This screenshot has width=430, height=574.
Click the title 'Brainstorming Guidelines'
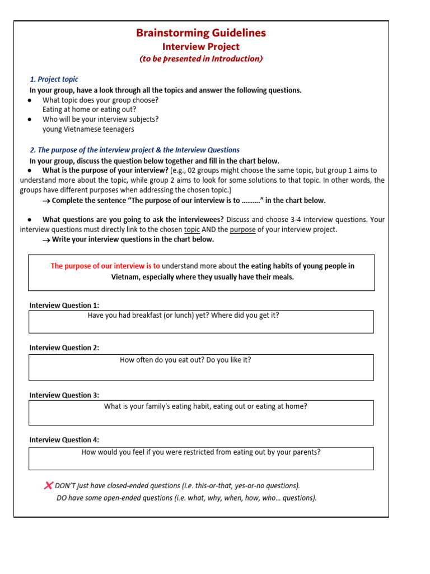pyautogui.click(x=201, y=33)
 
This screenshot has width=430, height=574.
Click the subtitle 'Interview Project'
pyautogui.click(x=201, y=47)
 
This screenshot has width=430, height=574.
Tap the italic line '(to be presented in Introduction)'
pyautogui.click(x=201, y=59)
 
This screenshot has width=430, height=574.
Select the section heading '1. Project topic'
pyautogui.click(x=54, y=79)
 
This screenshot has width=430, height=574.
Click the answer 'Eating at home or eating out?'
pyautogui.click(x=89, y=109)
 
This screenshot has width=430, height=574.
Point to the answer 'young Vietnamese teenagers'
pyautogui.click(x=88, y=129)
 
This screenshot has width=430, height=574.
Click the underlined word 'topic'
pyautogui.click(x=191, y=229)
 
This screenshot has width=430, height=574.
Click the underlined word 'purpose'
pyautogui.click(x=242, y=229)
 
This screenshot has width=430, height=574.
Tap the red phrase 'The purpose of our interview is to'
pyautogui.click(x=105, y=266)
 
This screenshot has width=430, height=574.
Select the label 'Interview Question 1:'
pyautogui.click(x=64, y=305)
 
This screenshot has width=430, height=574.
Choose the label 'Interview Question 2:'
pyautogui.click(x=64, y=348)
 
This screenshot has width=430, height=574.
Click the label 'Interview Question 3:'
pyautogui.click(x=64, y=395)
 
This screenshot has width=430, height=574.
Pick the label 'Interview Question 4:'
pyautogui.click(x=64, y=439)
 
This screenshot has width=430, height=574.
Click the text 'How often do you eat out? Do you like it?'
pyautogui.click(x=185, y=360)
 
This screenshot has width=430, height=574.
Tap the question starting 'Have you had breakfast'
pyautogui.click(x=183, y=316)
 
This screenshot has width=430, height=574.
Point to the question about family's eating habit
pyautogui.click(x=205, y=406)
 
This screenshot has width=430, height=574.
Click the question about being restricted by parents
pyautogui.click(x=201, y=452)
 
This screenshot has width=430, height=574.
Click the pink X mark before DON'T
pyautogui.click(x=48, y=485)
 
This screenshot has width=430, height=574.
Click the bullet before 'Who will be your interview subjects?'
pyautogui.click(x=29, y=119)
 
